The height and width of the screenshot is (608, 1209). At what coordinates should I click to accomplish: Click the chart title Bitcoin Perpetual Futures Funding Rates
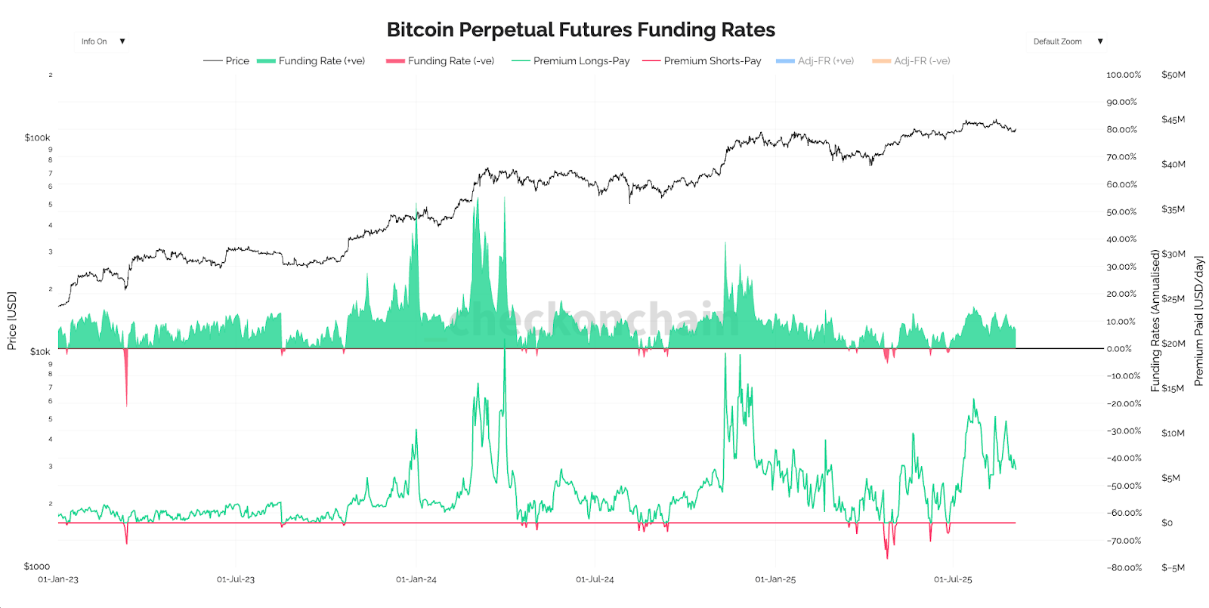pyautogui.click(x=580, y=29)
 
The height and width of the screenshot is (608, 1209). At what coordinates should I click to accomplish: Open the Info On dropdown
pyautogui.click(x=103, y=42)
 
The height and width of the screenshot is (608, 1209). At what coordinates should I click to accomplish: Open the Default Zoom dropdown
pyautogui.click(x=1067, y=42)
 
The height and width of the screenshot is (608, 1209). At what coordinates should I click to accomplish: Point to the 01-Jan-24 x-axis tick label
pyautogui.click(x=416, y=579)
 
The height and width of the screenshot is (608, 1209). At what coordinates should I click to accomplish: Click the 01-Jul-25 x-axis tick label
pyautogui.click(x=953, y=579)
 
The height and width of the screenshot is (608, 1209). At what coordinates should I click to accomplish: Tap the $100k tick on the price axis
pyautogui.click(x=37, y=137)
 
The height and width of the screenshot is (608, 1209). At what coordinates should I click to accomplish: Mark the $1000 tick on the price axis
pyautogui.click(x=36, y=566)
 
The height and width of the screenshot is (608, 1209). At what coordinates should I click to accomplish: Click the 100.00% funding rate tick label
pyautogui.click(x=1124, y=75)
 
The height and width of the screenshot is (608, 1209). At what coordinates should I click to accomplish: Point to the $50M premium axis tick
pyautogui.click(x=1173, y=75)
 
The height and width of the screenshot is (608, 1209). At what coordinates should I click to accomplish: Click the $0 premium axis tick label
pyautogui.click(x=1167, y=523)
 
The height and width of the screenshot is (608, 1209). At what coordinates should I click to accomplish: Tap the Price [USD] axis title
pyautogui.click(x=11, y=320)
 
